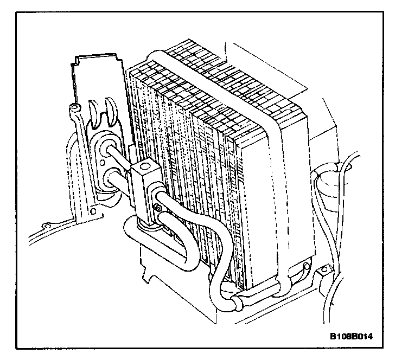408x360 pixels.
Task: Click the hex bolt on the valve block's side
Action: pos(158,208)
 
